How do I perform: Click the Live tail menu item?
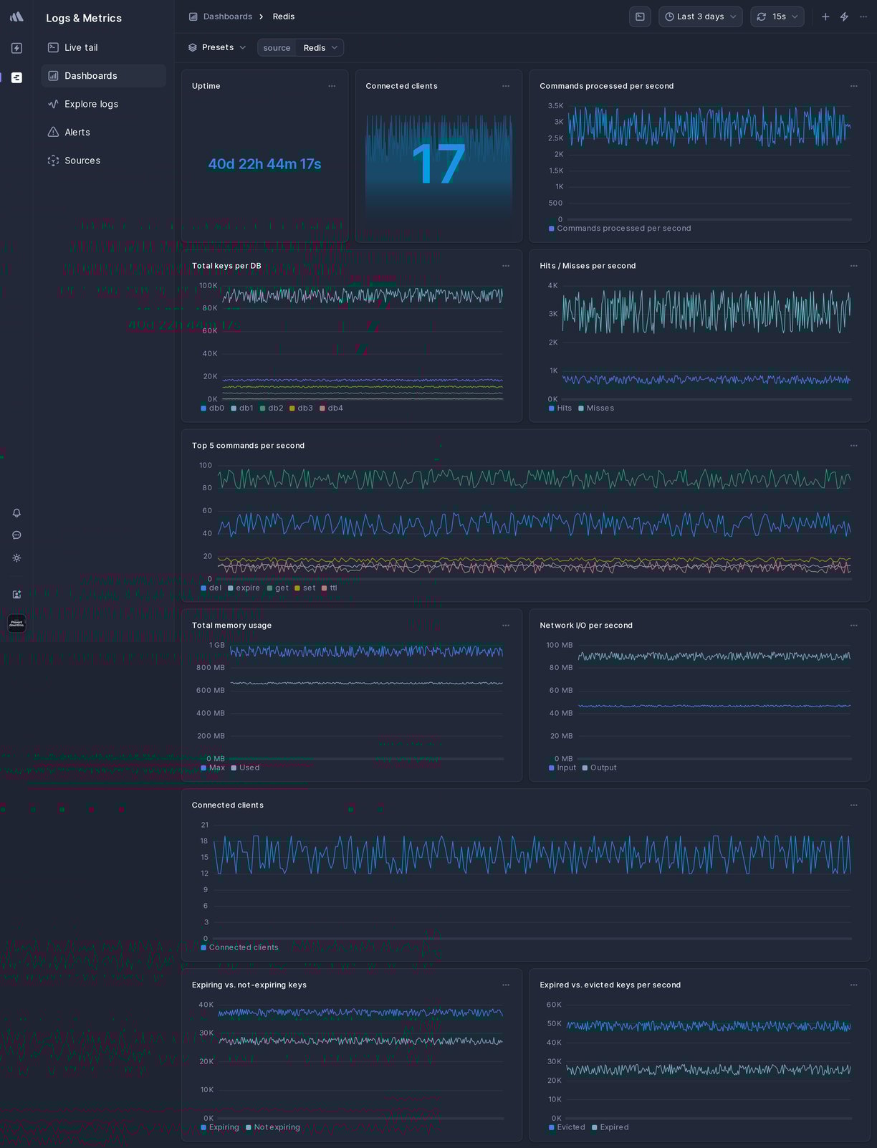(x=81, y=47)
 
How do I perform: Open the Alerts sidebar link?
(x=77, y=133)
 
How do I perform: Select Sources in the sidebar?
(x=82, y=161)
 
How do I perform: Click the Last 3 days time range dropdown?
(x=700, y=16)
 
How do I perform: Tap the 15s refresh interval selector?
(x=777, y=16)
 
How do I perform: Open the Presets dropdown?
(x=217, y=47)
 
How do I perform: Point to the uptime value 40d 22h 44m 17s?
(x=264, y=164)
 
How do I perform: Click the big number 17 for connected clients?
(x=438, y=165)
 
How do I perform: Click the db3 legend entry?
(x=305, y=408)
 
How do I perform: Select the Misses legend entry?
(x=600, y=408)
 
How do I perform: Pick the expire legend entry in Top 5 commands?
(x=247, y=588)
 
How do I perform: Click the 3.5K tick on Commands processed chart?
(x=555, y=106)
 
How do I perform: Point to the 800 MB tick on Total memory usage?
(x=210, y=668)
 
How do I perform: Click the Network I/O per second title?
(x=585, y=626)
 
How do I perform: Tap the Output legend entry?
(x=603, y=768)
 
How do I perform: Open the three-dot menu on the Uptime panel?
(x=332, y=86)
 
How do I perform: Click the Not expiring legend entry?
(x=277, y=1128)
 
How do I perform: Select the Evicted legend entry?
(x=570, y=1128)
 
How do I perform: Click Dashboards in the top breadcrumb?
(x=227, y=16)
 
